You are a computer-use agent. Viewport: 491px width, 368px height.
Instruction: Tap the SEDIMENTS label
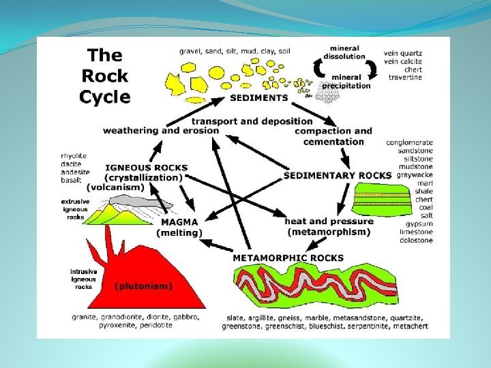pyautogui.click(x=259, y=97)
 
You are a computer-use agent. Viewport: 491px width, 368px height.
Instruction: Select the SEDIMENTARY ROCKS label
pyautogui.click(x=338, y=175)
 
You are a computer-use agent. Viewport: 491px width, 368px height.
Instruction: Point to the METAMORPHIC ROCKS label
pyautogui.click(x=288, y=258)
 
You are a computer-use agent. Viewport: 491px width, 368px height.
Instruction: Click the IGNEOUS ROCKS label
pyautogui.click(x=146, y=168)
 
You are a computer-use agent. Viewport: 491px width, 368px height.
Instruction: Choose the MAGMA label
pyautogui.click(x=179, y=222)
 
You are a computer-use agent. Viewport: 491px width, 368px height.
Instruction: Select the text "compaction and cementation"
pyautogui.click(x=333, y=136)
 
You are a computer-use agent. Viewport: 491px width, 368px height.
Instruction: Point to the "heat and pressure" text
pyautogui.click(x=329, y=221)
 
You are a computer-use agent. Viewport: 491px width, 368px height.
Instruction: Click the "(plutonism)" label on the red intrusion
pyautogui.click(x=143, y=286)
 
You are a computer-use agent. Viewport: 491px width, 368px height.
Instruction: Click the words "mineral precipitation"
pyautogui.click(x=346, y=82)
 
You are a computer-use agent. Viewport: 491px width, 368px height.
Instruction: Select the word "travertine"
pyautogui.click(x=405, y=77)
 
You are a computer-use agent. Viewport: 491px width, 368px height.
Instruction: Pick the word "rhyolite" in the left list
pyautogui.click(x=74, y=156)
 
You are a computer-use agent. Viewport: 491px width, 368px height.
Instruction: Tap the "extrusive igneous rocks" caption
pyautogui.click(x=76, y=209)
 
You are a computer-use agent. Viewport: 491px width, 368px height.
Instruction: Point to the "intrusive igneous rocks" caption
pyautogui.click(x=84, y=279)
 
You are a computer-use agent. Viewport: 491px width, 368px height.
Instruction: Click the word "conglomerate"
pyautogui.click(x=409, y=142)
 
